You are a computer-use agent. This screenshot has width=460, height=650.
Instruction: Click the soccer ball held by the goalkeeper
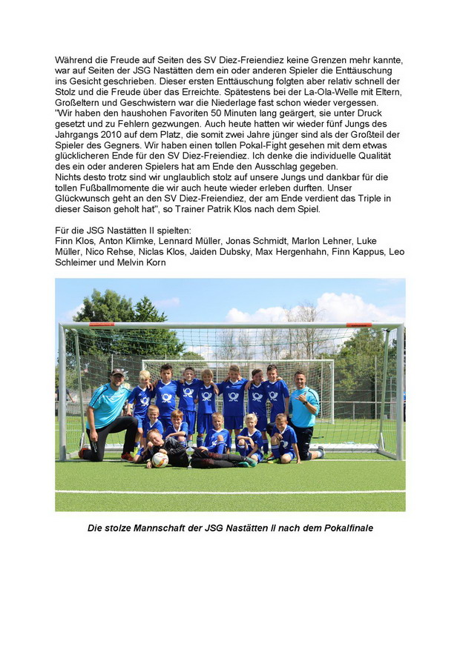tap(160, 459)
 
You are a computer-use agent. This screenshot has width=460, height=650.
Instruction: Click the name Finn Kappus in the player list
tap(359, 252)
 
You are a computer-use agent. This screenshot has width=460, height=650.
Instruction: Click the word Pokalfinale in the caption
tap(340, 528)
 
